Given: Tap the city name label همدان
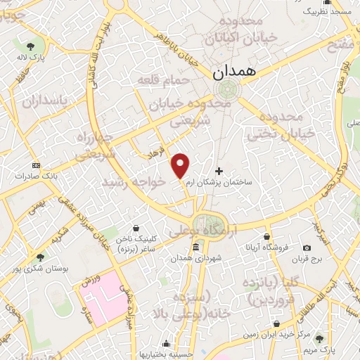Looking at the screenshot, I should point(238,72).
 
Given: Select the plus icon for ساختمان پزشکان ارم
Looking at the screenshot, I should point(219,171).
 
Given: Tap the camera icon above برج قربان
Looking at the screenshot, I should point(307,247).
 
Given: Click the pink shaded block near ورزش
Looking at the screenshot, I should point(105,295).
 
